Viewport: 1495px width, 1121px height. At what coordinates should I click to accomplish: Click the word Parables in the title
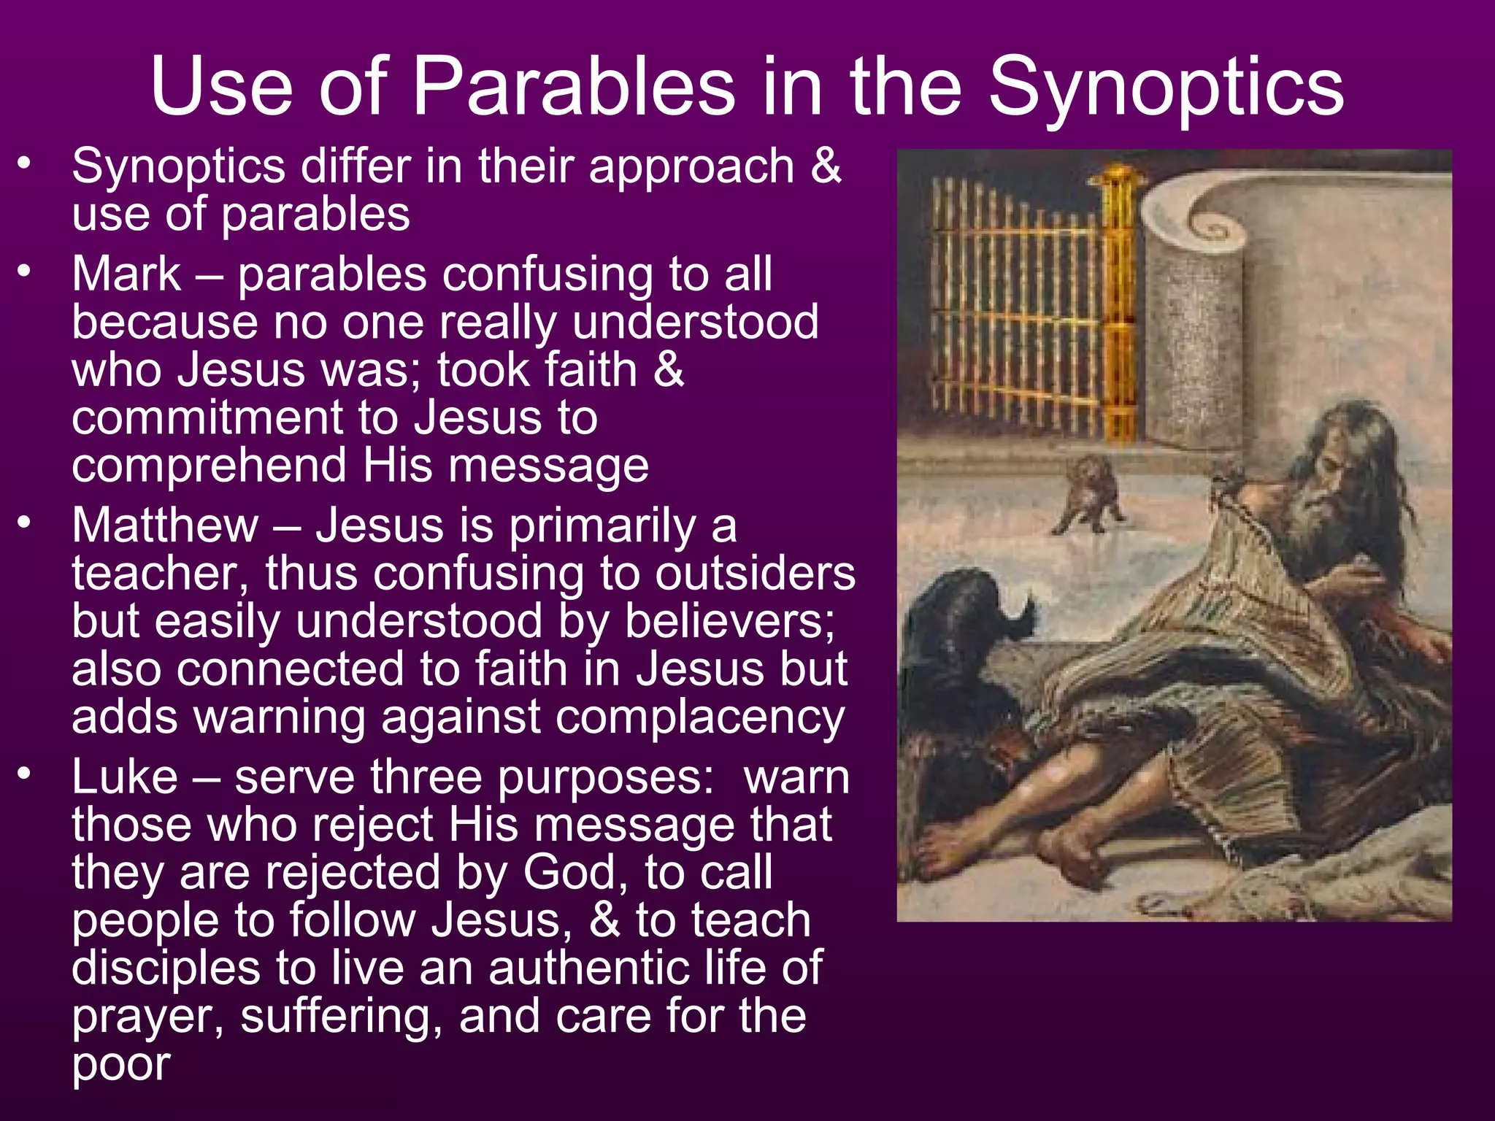tap(574, 88)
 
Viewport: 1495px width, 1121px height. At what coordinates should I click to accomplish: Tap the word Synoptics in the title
tap(1166, 88)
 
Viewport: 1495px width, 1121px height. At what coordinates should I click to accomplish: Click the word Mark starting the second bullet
tap(126, 274)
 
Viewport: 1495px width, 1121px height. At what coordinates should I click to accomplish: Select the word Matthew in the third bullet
tap(165, 525)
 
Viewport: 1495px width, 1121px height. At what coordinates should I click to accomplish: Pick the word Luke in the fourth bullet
tap(125, 777)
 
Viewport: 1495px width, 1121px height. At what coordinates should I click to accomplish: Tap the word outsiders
tap(755, 574)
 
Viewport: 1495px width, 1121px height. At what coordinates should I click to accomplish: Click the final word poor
tap(121, 1064)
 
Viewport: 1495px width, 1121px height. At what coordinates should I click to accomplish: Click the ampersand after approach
tap(826, 166)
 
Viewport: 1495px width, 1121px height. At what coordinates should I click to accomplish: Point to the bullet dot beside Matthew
tap(25, 523)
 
